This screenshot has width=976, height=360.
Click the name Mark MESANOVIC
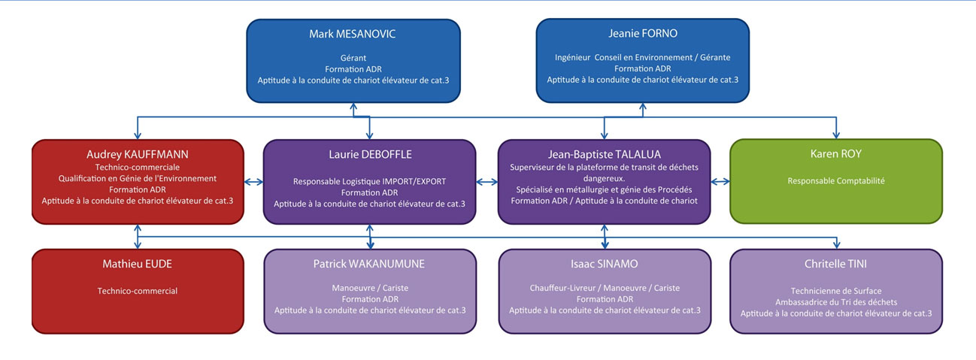click(353, 34)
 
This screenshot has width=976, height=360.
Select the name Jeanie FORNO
click(643, 34)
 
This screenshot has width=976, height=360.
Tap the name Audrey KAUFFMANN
click(138, 155)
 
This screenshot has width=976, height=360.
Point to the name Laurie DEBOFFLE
click(370, 155)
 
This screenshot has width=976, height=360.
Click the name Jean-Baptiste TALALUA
click(605, 155)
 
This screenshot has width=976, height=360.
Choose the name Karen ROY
click(835, 153)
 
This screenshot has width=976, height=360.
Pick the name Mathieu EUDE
click(138, 264)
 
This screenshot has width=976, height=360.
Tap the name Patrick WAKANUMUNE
click(369, 264)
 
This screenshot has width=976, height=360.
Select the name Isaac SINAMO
click(605, 264)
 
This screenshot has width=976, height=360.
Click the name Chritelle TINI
click(835, 264)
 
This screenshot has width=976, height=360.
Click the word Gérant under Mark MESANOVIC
click(353, 58)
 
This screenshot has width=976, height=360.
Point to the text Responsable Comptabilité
click(836, 180)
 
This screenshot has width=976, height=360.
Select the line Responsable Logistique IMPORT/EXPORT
click(369, 182)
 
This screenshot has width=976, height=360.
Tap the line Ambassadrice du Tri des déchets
click(836, 302)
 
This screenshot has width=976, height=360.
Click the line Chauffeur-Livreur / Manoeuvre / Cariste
click(605, 288)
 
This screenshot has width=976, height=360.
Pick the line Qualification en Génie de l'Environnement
click(138, 178)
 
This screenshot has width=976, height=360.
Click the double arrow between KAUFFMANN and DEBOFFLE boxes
click(253, 182)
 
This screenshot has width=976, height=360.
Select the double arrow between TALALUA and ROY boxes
click(720, 182)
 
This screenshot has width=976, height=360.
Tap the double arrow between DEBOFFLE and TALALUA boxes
click(486, 182)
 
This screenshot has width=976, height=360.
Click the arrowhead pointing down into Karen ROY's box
click(836, 135)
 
